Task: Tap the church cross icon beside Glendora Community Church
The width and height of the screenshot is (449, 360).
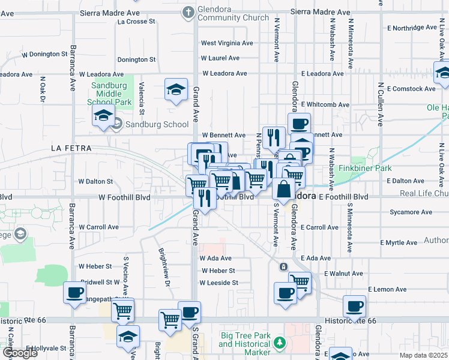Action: click(x=188, y=11)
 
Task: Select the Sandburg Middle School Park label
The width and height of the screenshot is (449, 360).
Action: click(x=110, y=94)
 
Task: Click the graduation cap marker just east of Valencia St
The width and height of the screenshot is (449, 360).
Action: click(x=175, y=90)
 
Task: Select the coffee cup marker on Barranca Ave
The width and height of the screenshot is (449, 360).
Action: click(x=75, y=293)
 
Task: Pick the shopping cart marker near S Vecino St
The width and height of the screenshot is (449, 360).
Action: click(x=122, y=310)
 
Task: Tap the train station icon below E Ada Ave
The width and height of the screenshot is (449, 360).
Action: click(x=283, y=266)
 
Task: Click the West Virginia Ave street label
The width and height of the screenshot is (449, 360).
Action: click(x=227, y=43)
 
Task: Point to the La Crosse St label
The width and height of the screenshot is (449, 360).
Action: click(x=137, y=22)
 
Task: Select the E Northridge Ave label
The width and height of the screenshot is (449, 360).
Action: click(x=420, y=28)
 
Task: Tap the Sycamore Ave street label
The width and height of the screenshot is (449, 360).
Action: click(x=411, y=212)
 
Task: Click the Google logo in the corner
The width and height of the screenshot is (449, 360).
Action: click(x=20, y=353)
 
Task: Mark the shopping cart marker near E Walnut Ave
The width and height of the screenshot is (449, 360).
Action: click(x=300, y=282)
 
